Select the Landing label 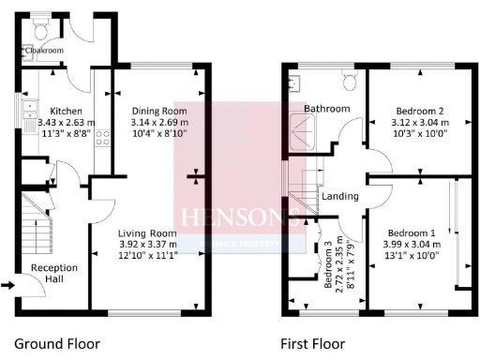tap(339, 197)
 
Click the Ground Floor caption tap(57, 343)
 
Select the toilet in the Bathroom tap(351, 82)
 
